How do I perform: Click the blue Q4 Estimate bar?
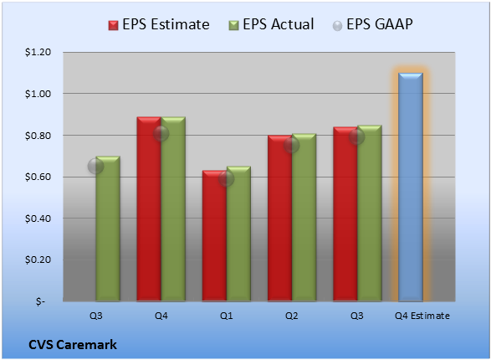point(411,187)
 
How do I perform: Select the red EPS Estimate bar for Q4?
point(149,209)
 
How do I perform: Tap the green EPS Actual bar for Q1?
point(238,234)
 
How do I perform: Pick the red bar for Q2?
point(279,218)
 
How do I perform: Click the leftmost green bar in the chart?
point(108,229)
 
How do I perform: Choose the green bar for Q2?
point(304,218)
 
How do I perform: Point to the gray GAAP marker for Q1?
point(226,178)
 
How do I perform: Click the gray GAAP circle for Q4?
point(161,134)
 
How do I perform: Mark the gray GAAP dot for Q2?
point(292,145)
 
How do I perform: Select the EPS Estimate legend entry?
point(159,24)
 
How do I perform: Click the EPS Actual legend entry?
point(271,24)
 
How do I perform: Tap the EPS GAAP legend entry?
point(372,24)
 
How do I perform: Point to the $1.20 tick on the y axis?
point(38,52)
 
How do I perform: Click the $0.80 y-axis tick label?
point(38,136)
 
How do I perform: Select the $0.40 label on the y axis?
point(38,219)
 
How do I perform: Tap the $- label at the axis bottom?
point(40,301)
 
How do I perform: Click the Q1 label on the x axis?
point(226,316)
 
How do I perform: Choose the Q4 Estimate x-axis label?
point(422,316)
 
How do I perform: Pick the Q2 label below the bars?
point(292,316)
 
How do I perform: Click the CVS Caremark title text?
point(73,345)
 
